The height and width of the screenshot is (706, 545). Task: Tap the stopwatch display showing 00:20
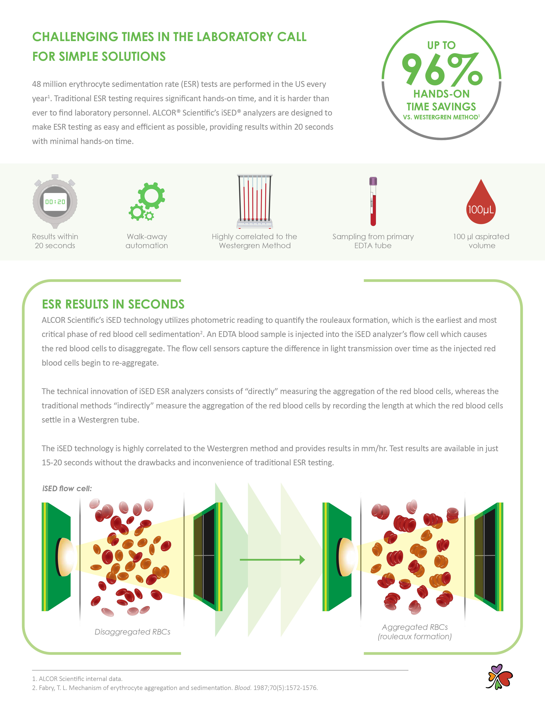coord(55,202)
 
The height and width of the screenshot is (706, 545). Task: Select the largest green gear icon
coord(152,195)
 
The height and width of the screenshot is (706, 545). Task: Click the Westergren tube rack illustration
coord(255,201)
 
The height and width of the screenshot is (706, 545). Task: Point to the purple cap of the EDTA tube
coord(373,181)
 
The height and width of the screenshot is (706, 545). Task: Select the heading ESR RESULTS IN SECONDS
coord(113,304)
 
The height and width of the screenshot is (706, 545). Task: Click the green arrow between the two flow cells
coord(272,560)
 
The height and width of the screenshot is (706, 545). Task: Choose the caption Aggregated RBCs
coord(415,627)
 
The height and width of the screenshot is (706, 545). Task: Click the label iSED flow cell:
coord(67,488)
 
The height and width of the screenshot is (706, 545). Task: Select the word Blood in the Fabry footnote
coord(243,688)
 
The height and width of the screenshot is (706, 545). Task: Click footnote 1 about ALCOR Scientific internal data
coord(77,679)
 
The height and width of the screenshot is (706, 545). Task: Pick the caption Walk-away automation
coord(147,241)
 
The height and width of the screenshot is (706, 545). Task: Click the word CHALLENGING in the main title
coord(75,37)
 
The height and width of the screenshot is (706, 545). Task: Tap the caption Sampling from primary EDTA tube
coord(373,241)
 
